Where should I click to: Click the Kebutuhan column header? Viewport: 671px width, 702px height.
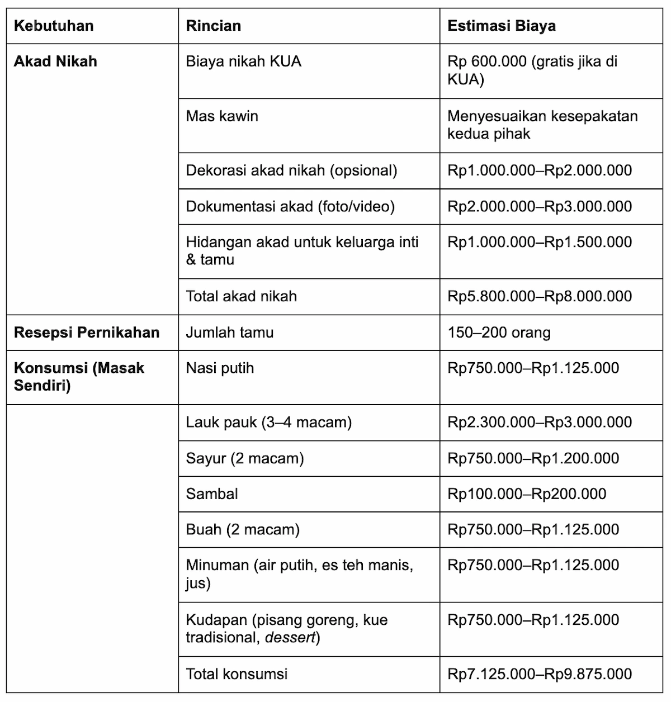pyautogui.click(x=54, y=26)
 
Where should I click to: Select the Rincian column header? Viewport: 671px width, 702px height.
pyautogui.click(x=213, y=26)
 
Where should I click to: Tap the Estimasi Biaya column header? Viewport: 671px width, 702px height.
pyautogui.click(x=501, y=26)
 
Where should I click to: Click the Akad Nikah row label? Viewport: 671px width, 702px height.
pyautogui.click(x=55, y=61)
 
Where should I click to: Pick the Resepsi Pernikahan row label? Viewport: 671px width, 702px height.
pyautogui.click(x=87, y=333)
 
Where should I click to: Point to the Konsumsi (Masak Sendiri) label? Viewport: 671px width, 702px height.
pyautogui.click(x=79, y=377)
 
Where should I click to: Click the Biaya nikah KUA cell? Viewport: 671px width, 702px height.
pyautogui.click(x=243, y=61)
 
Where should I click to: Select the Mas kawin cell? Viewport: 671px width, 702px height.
pyautogui.click(x=222, y=116)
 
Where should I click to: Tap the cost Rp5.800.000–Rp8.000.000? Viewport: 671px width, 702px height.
pyautogui.click(x=540, y=296)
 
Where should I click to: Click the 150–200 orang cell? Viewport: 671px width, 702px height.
pyautogui.click(x=499, y=333)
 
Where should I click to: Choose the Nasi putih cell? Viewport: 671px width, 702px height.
pyautogui.click(x=220, y=368)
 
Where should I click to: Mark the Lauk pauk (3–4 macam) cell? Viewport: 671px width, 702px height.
pyautogui.click(x=269, y=422)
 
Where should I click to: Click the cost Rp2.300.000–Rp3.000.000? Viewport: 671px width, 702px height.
pyautogui.click(x=540, y=422)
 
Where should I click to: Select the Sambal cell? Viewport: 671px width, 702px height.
pyautogui.click(x=212, y=494)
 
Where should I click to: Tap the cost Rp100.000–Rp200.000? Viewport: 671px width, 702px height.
pyautogui.click(x=527, y=494)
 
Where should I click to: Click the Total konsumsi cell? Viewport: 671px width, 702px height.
pyautogui.click(x=237, y=673)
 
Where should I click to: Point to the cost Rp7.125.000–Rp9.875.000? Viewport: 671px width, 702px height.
pyautogui.click(x=540, y=673)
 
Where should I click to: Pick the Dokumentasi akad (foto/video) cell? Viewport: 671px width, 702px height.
pyautogui.click(x=290, y=206)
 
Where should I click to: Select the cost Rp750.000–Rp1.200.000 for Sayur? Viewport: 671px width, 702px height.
pyautogui.click(x=533, y=458)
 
